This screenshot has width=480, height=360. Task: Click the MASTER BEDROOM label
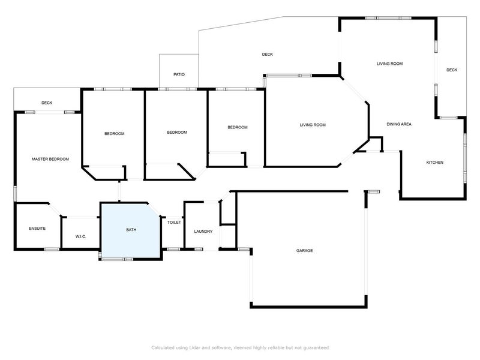(x=50, y=159)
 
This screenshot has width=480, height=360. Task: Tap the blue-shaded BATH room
(x=130, y=231)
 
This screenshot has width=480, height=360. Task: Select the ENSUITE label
(x=37, y=229)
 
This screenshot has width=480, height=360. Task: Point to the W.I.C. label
(x=81, y=236)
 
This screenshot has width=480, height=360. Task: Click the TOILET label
(x=174, y=222)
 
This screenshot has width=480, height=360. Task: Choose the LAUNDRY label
(x=203, y=231)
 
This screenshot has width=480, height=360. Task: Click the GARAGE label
(x=304, y=250)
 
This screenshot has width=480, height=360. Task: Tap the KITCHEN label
(x=434, y=163)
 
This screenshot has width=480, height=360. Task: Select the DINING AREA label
(x=399, y=124)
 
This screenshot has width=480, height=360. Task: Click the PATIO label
(x=179, y=74)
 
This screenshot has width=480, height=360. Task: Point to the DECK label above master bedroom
(x=47, y=103)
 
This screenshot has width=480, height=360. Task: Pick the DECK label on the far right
(x=452, y=70)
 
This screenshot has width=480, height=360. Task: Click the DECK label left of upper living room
(x=268, y=55)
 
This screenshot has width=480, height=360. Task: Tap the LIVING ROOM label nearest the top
(x=389, y=63)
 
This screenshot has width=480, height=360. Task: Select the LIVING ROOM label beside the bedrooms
(x=313, y=125)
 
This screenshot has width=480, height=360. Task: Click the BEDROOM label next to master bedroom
(x=114, y=133)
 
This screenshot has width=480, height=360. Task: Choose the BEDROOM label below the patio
(x=177, y=132)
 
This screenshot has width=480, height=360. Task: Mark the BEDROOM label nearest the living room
(x=238, y=127)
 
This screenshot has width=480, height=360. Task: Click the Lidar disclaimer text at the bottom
(x=240, y=347)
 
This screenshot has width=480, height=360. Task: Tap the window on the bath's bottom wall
(x=117, y=259)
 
